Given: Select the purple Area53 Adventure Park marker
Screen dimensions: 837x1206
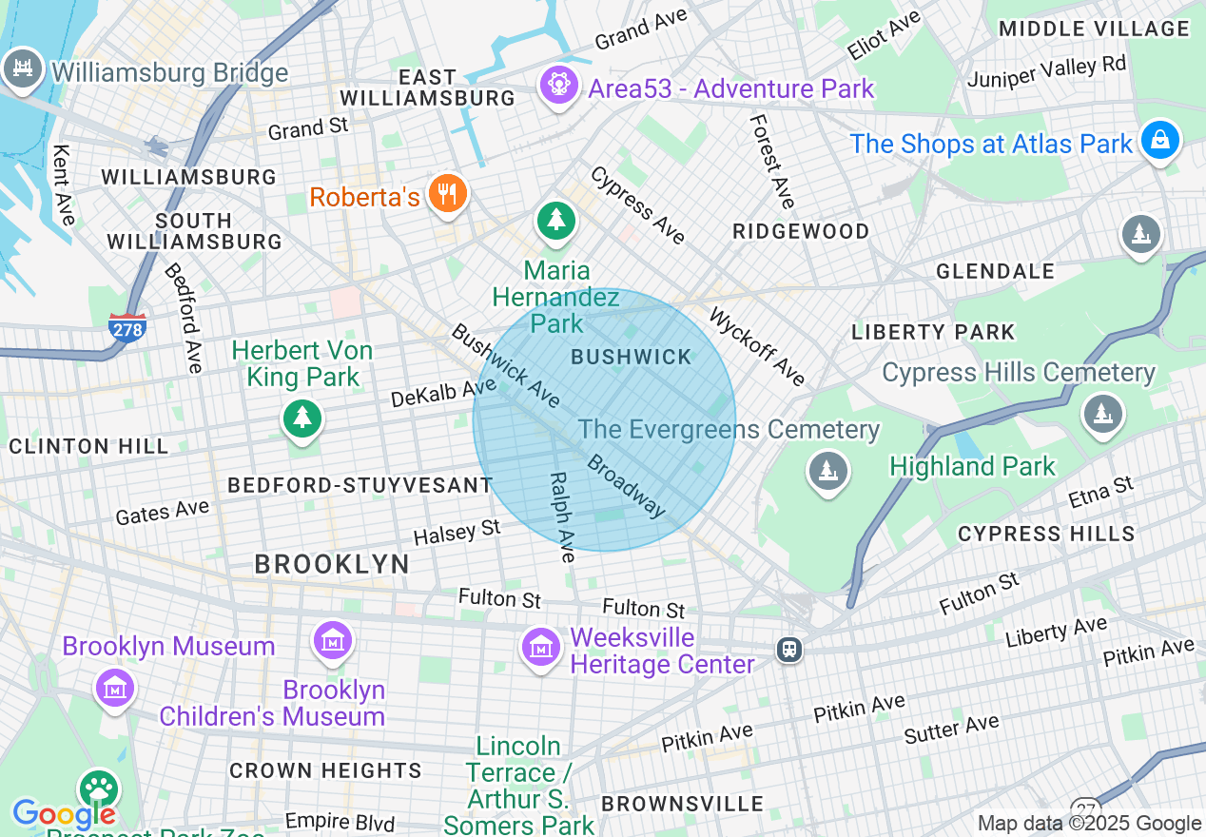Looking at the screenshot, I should tap(558, 87).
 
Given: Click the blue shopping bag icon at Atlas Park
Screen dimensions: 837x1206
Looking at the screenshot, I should tap(1159, 141).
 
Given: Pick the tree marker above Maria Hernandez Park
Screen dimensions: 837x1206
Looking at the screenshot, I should tap(555, 222).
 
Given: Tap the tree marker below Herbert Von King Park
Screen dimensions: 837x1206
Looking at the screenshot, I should tap(301, 418).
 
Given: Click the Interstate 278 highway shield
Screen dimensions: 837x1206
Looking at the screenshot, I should tap(127, 328).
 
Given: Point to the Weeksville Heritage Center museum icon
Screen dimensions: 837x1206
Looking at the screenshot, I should tap(541, 647).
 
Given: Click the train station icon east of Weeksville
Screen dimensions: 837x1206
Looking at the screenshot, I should tap(788, 650).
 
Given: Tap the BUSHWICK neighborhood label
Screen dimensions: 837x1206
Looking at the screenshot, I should tap(632, 358).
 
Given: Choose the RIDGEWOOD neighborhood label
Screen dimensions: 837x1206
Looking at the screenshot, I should tap(801, 231).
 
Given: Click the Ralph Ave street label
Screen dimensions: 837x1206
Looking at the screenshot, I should tap(563, 517).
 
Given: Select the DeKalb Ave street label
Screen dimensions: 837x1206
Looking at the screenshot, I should tap(443, 392).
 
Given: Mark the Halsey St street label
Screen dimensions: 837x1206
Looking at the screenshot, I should tap(457, 533).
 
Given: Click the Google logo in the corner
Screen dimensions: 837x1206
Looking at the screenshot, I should tap(63, 815).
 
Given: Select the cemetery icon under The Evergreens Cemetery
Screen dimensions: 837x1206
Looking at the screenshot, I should tap(827, 470).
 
